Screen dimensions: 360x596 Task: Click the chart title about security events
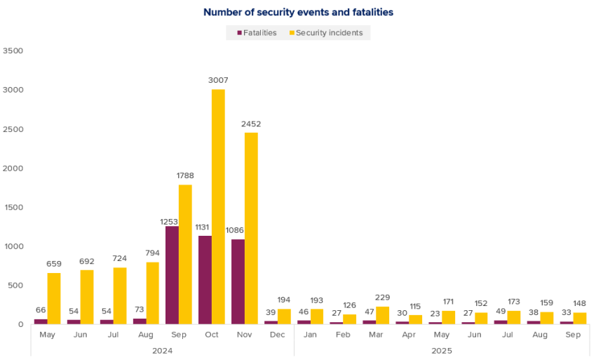pyautogui.click(x=299, y=12)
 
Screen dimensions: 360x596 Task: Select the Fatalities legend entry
pyautogui.click(x=256, y=33)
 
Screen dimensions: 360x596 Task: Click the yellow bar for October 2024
pyautogui.click(x=218, y=206)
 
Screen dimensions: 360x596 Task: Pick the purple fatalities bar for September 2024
pyautogui.click(x=172, y=275)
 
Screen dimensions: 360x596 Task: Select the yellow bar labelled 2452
pyautogui.click(x=251, y=228)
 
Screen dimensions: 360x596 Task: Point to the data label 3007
pyautogui.click(x=218, y=81)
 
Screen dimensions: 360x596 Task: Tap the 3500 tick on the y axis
pyautogui.click(x=13, y=51)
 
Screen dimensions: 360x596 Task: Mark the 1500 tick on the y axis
pyautogui.click(x=13, y=207)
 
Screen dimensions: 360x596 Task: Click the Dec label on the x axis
pyautogui.click(x=278, y=335)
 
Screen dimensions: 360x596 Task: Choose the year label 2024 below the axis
pyautogui.click(x=162, y=350)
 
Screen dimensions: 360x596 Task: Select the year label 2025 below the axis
pyautogui.click(x=442, y=350)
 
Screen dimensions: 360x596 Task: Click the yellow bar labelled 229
pyautogui.click(x=382, y=315)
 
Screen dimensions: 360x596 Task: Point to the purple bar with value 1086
pyautogui.click(x=238, y=281)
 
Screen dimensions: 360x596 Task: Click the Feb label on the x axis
pyautogui.click(x=343, y=335)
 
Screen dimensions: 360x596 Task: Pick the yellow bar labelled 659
pyautogui.click(x=54, y=298)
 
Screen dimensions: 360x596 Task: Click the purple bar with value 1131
pyautogui.click(x=205, y=280)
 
